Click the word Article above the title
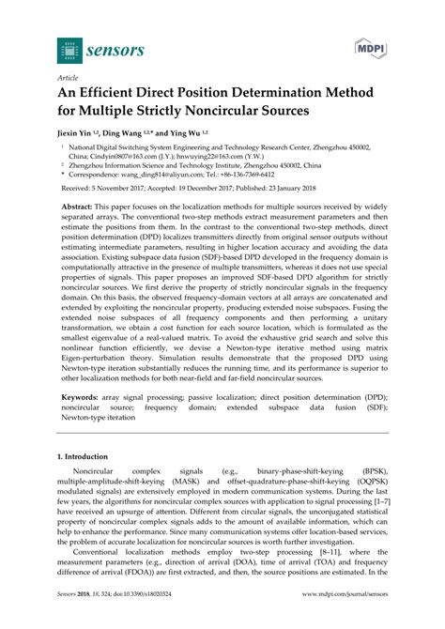pyautogui.click(x=67, y=79)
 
